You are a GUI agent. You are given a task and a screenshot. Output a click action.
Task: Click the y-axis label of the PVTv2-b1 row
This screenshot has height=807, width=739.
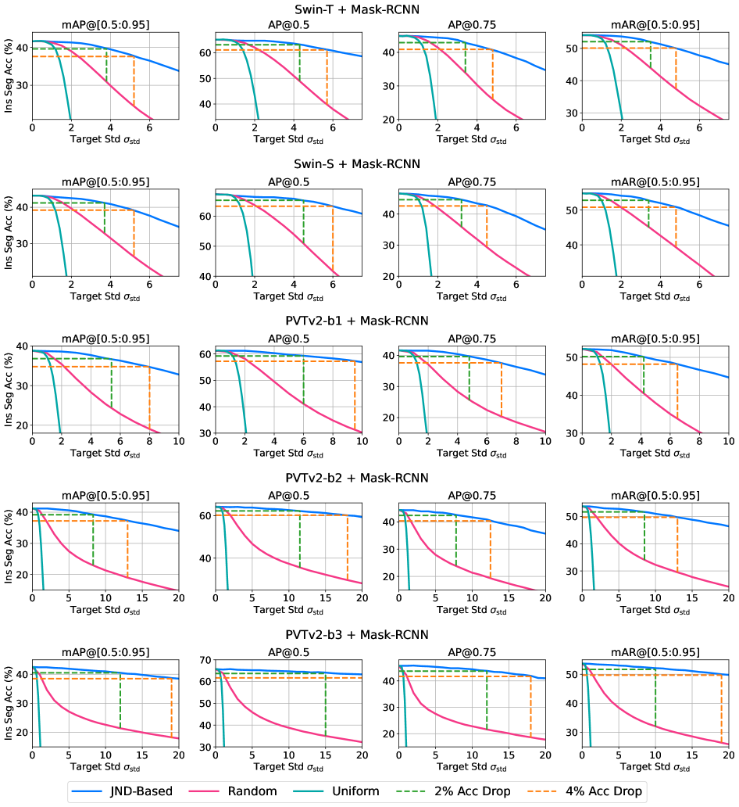point(9,389)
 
